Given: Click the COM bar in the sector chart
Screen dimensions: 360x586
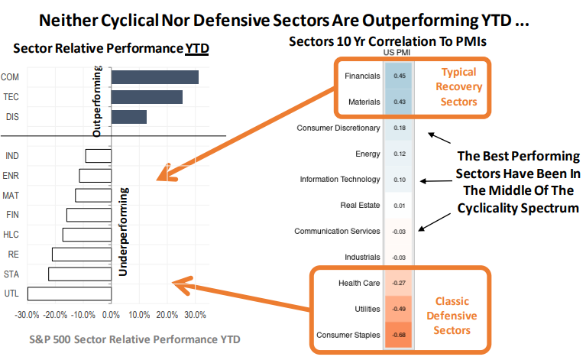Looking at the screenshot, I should pos(155,77).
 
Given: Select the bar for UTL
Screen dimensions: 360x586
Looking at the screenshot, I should pos(70,293).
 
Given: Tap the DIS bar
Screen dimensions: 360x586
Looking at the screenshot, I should pos(129,116).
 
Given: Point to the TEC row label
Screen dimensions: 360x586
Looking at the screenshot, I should pos(11,97).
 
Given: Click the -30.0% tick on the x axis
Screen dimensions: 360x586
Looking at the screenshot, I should pos(28,314).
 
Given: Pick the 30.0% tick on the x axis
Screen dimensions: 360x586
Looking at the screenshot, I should pos(196,314).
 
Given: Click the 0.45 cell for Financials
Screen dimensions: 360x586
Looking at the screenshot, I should pos(399,76).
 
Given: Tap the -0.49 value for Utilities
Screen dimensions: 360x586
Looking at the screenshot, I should pos(399,309).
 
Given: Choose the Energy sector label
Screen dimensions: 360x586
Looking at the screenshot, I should pos(367,154).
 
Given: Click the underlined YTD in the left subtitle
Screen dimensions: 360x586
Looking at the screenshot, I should pos(198,49).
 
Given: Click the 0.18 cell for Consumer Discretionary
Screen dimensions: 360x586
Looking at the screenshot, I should pos(399,128).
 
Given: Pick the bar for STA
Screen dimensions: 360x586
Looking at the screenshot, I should pos(79,274).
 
